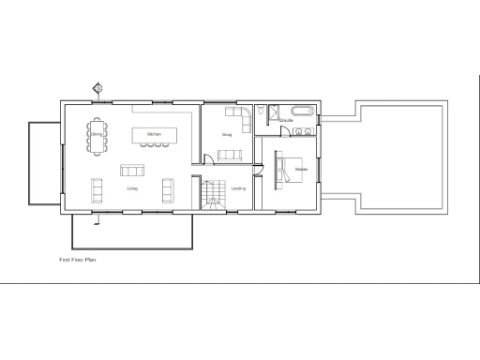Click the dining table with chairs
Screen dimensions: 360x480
coord(97,134)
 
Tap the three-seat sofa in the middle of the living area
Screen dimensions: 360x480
coord(132,170)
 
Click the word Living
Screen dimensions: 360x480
coord(132,188)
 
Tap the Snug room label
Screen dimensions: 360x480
coord(227,135)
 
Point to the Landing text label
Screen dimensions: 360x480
coord(238,188)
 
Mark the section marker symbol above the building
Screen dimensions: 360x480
coord(97,89)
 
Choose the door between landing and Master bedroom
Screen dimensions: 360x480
coord(262,174)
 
